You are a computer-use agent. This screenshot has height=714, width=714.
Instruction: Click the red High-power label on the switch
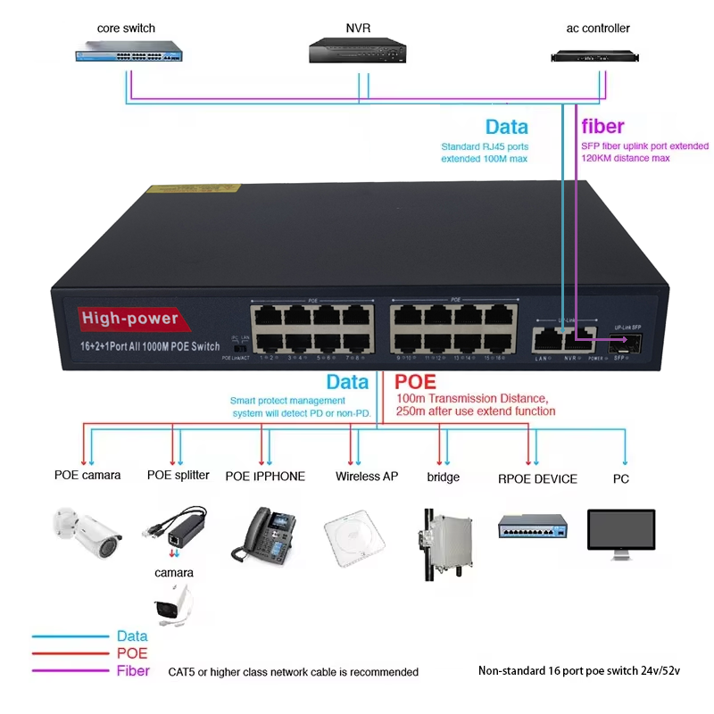coord(130,319)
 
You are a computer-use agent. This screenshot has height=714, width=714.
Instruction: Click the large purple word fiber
coord(603,126)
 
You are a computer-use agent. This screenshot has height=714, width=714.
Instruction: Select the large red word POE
coord(415,382)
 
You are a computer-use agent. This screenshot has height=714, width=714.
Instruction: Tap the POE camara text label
coord(87,475)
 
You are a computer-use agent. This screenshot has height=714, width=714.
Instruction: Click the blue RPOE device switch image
coord(532,527)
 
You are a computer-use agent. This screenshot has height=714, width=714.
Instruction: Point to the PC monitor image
coord(622,533)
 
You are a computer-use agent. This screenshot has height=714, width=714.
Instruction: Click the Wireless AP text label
coord(367,476)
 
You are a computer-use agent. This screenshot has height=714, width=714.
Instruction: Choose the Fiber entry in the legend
coord(134,671)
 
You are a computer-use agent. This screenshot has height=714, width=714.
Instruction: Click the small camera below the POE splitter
coord(173,604)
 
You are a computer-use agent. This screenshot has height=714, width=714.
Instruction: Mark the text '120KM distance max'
coord(625,158)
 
